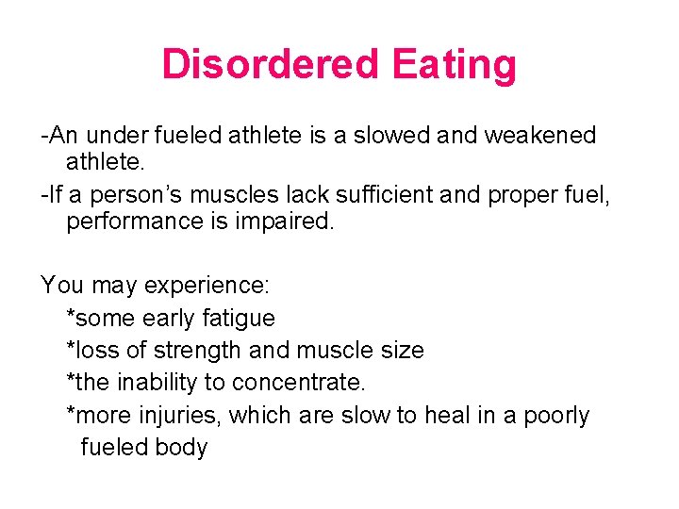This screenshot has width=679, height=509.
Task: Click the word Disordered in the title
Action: coord(271,65)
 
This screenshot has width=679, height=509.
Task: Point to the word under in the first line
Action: coord(118,135)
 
